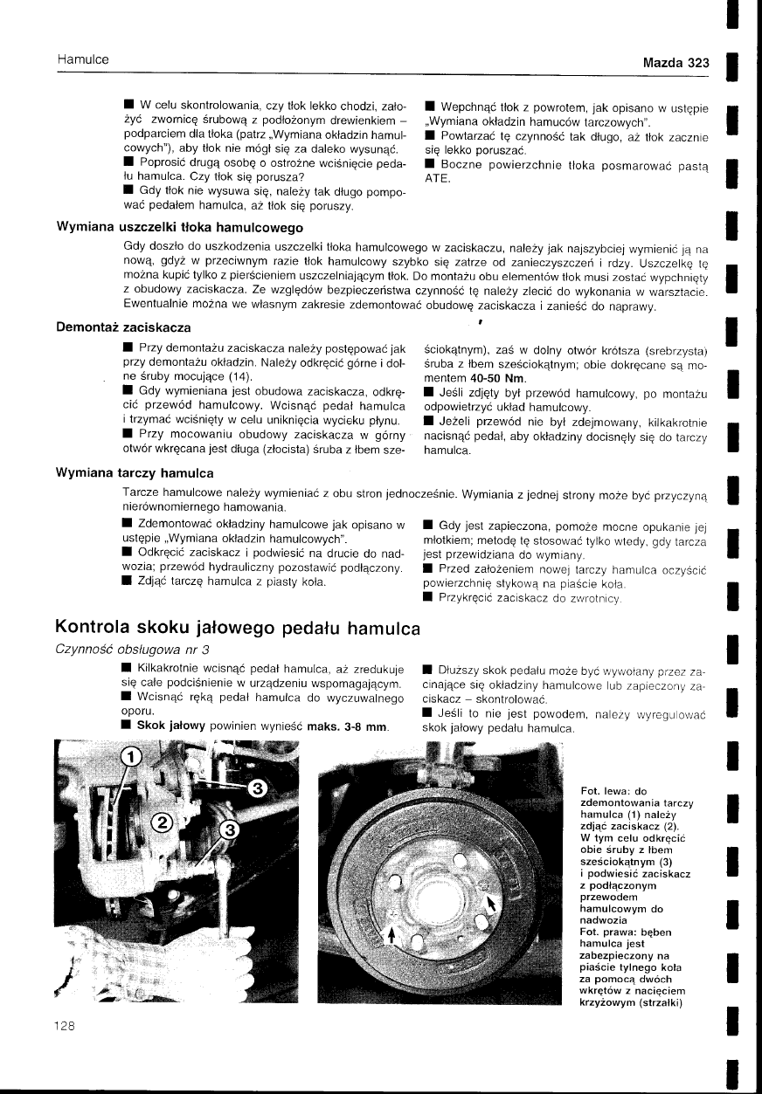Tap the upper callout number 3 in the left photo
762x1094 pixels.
coord(258,789)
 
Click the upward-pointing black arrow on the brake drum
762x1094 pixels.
coord(392,935)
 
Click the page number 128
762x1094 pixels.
coord(66,1026)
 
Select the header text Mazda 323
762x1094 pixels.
coord(675,63)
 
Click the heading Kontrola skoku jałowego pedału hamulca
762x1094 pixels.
coord(238,628)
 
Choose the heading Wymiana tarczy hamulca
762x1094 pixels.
coord(135,473)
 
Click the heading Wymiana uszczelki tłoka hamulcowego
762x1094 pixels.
coord(179,228)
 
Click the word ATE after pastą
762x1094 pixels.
coord(435,179)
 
